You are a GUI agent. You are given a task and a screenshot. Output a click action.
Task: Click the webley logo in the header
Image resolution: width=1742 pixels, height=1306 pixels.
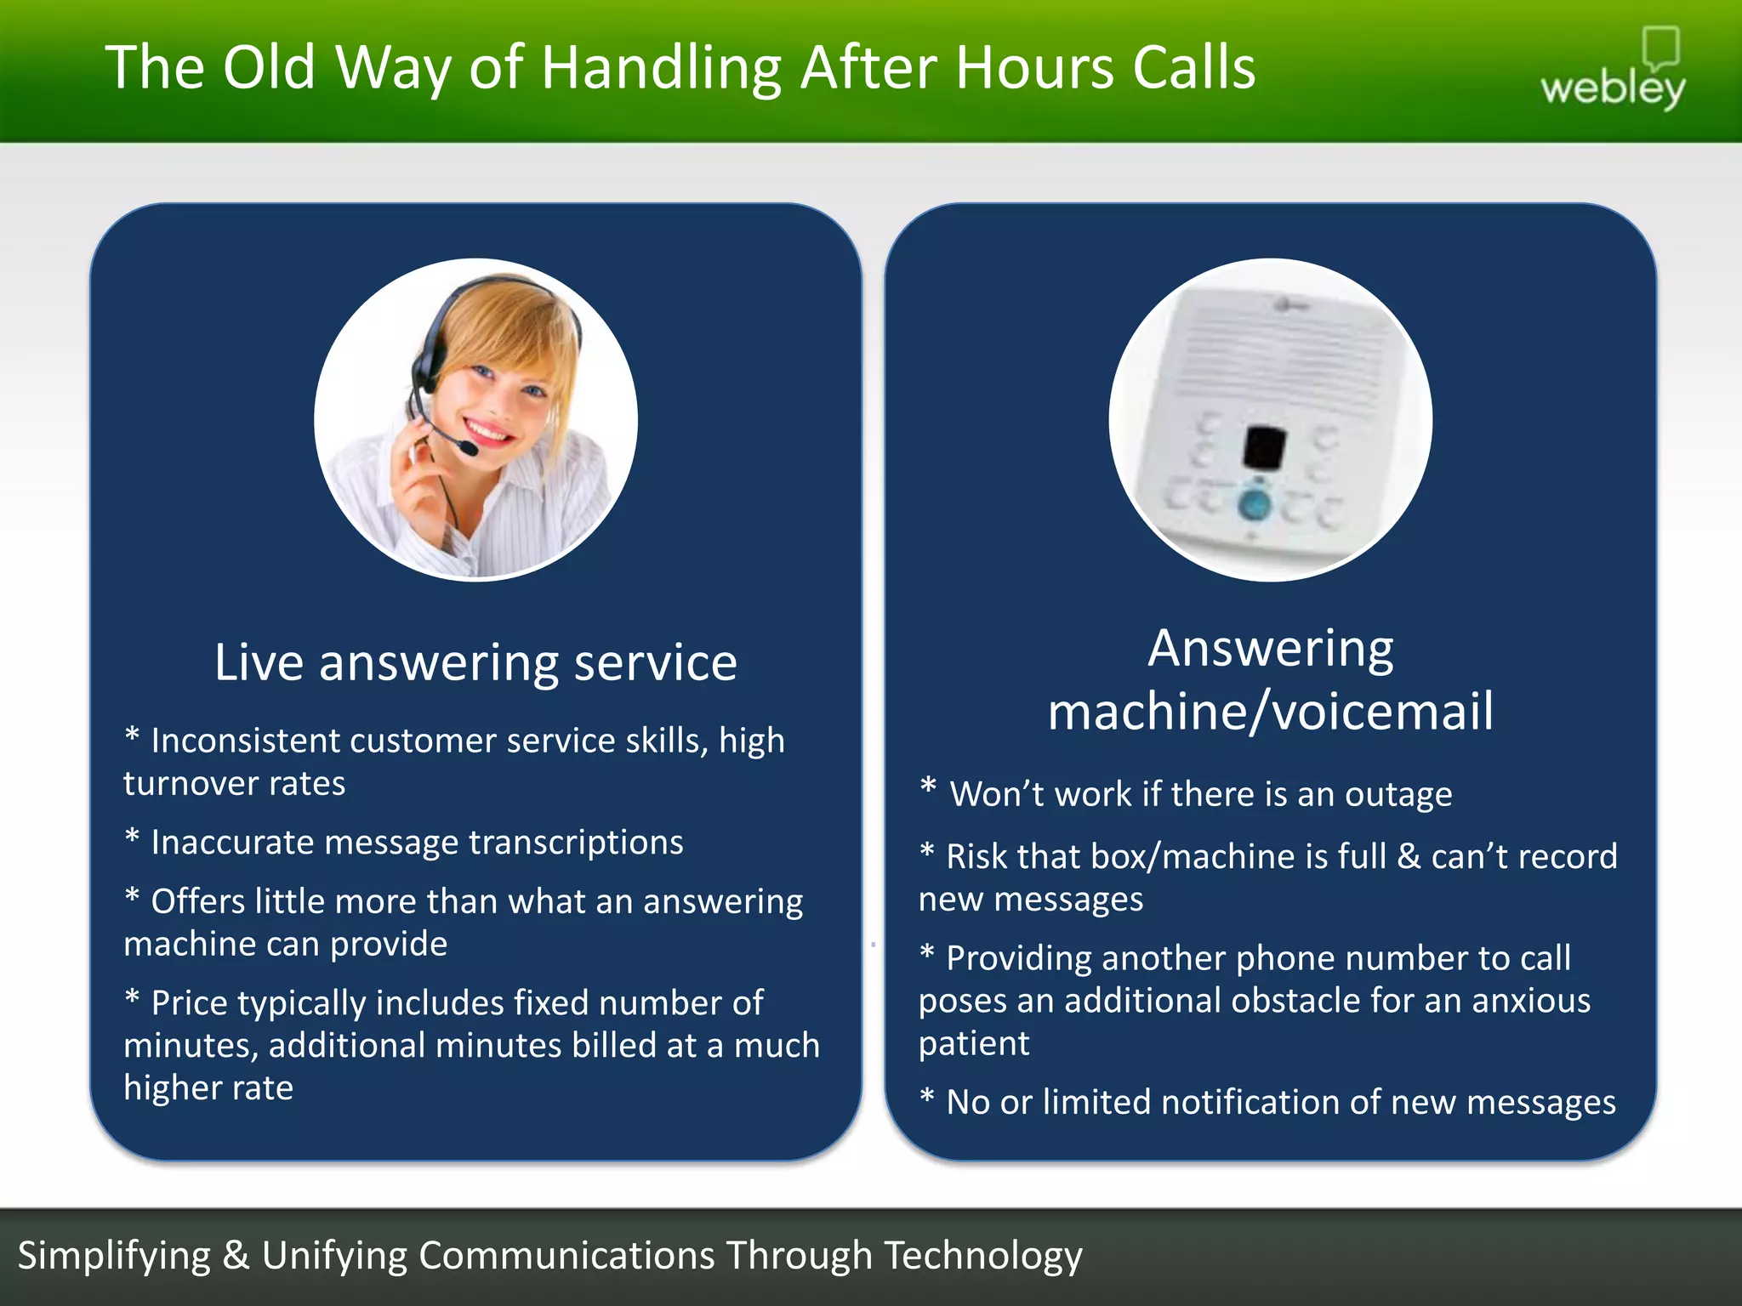coord(1613,77)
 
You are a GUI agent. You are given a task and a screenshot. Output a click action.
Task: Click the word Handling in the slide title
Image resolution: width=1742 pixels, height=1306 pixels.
coord(661,68)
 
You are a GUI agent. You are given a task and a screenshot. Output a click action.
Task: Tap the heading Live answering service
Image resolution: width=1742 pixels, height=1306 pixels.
coord(475,662)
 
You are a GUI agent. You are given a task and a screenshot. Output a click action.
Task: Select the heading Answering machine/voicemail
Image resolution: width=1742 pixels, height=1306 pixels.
coord(1271,679)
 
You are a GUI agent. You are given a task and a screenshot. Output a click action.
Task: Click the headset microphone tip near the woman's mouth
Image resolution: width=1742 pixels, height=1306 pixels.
coord(468,447)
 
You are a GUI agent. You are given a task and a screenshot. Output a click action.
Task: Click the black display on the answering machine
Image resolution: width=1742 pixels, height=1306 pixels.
coord(1265,446)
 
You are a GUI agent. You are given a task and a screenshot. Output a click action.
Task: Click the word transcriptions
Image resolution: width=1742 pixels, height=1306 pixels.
coord(576,843)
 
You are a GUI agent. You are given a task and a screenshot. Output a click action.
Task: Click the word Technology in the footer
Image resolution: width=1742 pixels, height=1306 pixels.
coord(982,1255)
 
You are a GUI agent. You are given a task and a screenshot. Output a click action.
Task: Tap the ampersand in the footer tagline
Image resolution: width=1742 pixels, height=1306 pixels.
coord(236,1255)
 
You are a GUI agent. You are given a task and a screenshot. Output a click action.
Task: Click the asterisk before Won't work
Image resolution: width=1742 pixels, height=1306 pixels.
coord(928,787)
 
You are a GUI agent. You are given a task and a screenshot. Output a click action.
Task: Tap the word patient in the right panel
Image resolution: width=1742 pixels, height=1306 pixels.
coord(974,1043)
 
